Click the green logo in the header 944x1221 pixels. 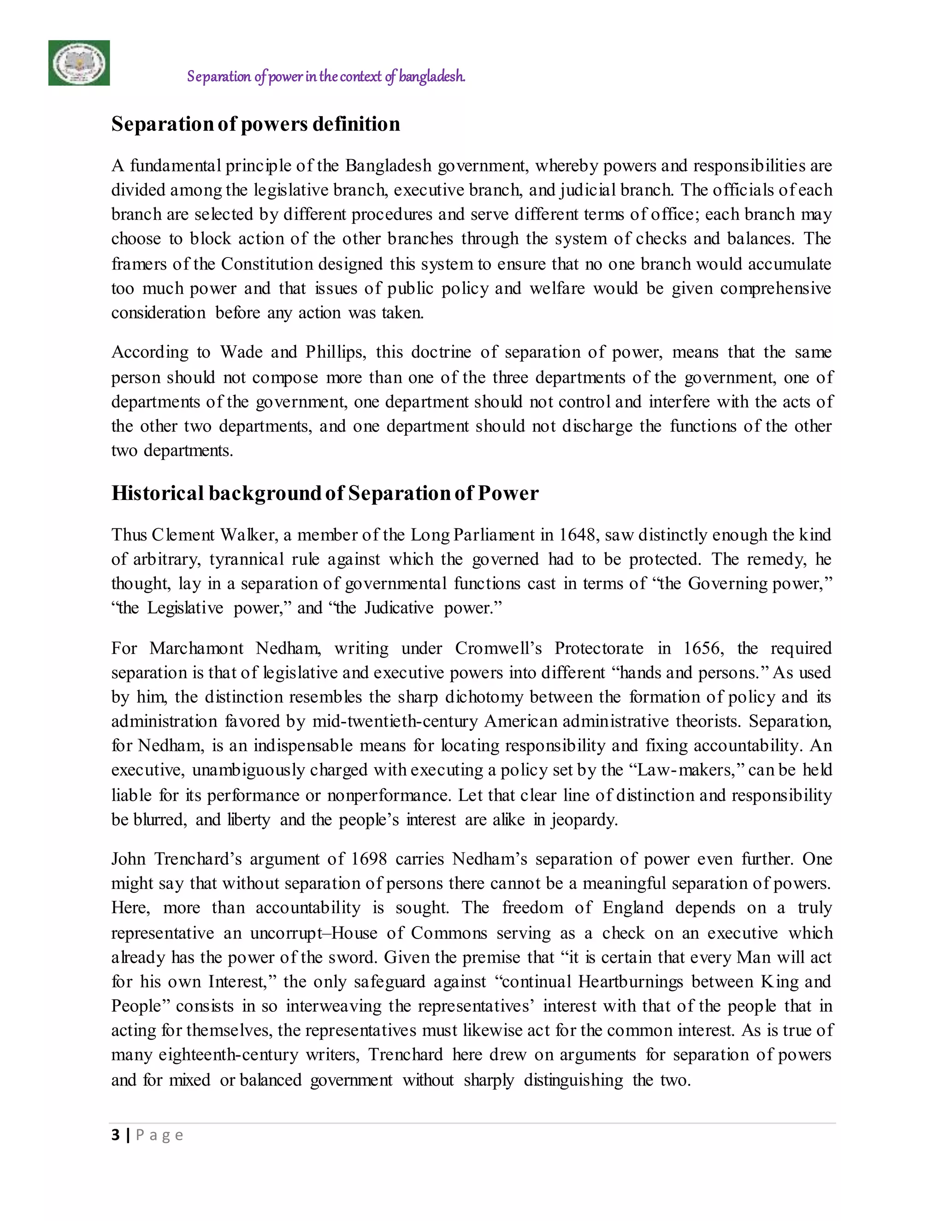[x=79, y=63]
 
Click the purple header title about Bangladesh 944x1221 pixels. [x=325, y=76]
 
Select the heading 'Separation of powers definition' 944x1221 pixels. [x=255, y=123]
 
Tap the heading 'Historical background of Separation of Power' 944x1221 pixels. [x=324, y=493]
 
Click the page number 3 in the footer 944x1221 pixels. [x=116, y=1134]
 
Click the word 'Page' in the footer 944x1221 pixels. [x=159, y=1135]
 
